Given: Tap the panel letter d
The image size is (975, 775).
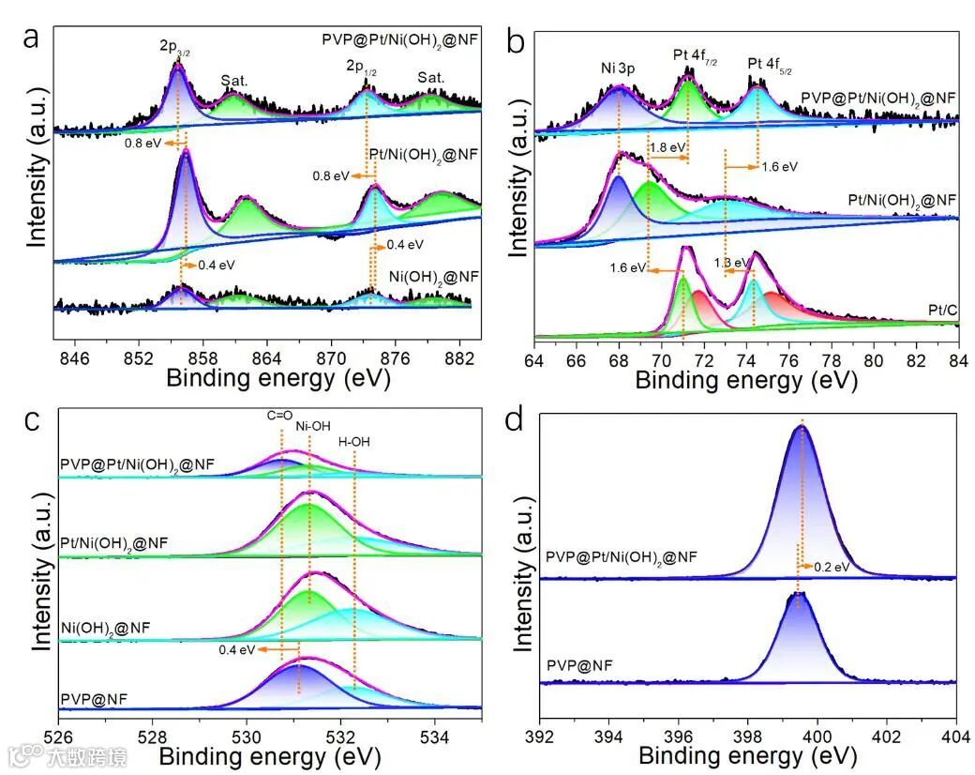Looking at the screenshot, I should click(514, 418).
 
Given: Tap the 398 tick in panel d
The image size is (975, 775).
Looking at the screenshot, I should click(748, 726).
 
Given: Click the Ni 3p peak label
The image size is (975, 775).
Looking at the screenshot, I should click(620, 68).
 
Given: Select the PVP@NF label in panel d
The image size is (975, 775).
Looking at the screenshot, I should click(579, 666).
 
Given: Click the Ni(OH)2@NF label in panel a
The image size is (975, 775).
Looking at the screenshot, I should click(433, 277).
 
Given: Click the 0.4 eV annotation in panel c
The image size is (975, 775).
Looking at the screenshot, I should click(237, 648).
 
